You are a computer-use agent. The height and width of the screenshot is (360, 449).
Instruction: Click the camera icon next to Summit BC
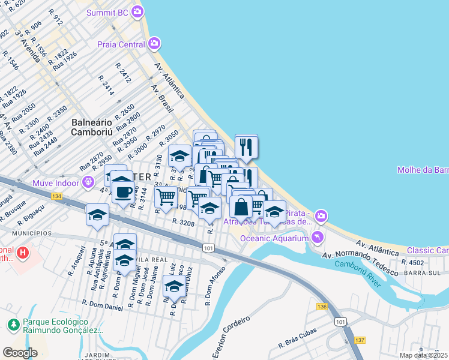(138, 11)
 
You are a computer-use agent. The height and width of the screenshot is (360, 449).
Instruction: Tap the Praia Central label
(121, 44)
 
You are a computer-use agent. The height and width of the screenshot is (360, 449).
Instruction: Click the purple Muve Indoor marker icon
(88, 180)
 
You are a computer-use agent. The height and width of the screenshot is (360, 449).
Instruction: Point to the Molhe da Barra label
(423, 170)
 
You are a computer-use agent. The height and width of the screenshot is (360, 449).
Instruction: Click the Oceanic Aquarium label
(273, 238)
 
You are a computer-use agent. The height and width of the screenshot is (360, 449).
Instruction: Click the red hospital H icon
(23, 253)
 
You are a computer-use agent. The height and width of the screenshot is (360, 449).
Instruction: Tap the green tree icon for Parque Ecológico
(13, 325)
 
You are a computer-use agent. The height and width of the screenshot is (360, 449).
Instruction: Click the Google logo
(20, 352)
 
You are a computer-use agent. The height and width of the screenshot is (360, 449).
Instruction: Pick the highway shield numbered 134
(57, 196)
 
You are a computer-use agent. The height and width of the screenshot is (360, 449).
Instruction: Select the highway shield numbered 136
(322, 307)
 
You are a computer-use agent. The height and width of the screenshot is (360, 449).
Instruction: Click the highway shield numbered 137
(360, 340)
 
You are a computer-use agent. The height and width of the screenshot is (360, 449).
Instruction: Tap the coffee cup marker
(124, 192)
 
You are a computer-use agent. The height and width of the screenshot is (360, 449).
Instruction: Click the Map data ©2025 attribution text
(424, 355)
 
